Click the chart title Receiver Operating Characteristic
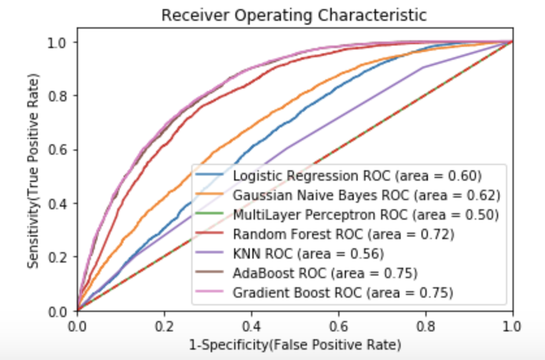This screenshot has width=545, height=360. tap(294, 14)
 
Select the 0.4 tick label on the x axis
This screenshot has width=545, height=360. tap(251, 324)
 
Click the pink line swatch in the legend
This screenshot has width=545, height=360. tap(211, 292)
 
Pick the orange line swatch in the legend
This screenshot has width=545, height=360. tap(211, 195)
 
